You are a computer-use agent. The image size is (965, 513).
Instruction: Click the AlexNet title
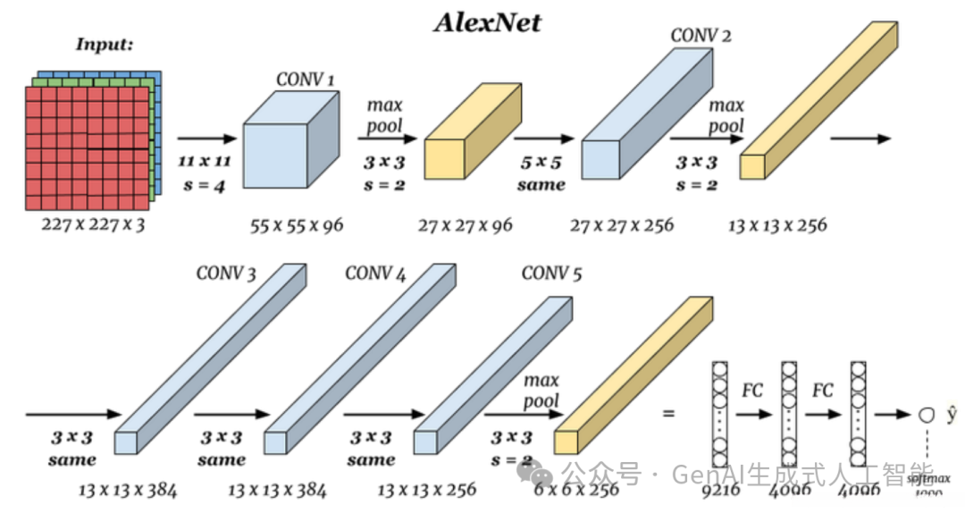488,21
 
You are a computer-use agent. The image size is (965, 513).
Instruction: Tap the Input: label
104,44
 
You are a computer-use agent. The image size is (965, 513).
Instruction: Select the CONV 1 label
306,80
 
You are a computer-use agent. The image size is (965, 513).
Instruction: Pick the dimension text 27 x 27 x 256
622,224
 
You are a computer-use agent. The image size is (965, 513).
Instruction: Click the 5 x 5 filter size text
541,163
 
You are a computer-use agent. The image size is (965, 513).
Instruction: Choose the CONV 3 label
226,273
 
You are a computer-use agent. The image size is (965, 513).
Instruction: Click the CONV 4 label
375,273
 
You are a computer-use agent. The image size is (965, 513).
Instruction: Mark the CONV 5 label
551,273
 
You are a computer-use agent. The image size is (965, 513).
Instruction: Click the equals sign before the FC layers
667,415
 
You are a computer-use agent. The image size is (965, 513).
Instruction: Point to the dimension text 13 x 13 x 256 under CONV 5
426,490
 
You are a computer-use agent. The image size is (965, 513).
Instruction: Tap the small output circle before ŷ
926,415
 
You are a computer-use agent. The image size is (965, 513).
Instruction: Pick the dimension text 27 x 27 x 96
466,224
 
